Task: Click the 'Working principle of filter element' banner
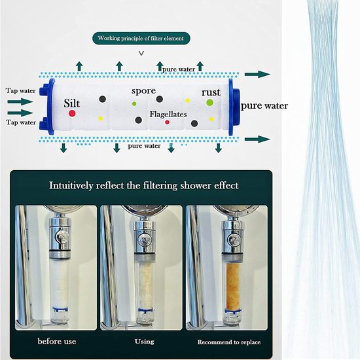[x=141, y=38]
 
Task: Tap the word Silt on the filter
[x=72, y=103]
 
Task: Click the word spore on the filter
[x=144, y=91]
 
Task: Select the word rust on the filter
[x=211, y=92]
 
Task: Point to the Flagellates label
[x=168, y=115]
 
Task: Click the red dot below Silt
[x=72, y=113]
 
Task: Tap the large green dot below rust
[x=209, y=102]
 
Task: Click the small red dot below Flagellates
[x=167, y=122]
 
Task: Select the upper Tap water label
[x=21, y=91]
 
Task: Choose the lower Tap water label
[x=21, y=122]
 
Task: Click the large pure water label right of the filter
[x=264, y=106]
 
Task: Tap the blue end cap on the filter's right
[x=234, y=107]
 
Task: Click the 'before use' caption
[x=57, y=341]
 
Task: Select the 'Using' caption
[x=145, y=342]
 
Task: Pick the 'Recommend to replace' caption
[x=229, y=342]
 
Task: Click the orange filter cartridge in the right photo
[x=232, y=286]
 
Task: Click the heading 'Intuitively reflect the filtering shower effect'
[x=144, y=185]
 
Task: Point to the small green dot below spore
[x=134, y=104]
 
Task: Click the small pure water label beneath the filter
[x=144, y=146]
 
